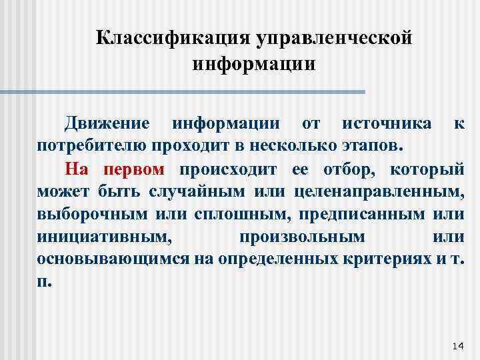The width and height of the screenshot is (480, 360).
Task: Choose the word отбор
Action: click(x=339, y=167)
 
